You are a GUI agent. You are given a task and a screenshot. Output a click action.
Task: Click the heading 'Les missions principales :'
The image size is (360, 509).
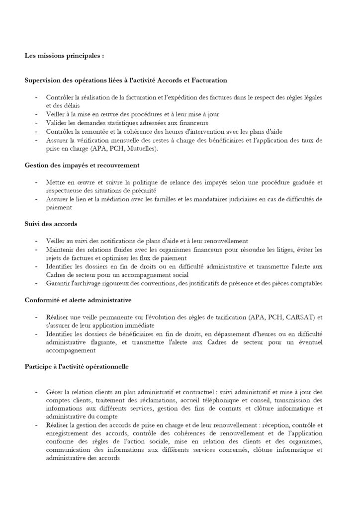tap(65, 56)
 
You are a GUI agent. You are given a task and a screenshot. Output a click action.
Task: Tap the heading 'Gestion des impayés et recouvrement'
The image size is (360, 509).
tap(82, 165)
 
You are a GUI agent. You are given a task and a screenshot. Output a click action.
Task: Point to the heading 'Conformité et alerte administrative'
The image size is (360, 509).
tap(81, 300)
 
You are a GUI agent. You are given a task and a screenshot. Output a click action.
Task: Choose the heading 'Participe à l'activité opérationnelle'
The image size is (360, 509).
tap(77, 367)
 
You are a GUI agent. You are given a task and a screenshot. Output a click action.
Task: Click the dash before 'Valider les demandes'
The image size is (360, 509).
tap(37, 122)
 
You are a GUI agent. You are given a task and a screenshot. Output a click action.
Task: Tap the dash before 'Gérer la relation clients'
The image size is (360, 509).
tap(37, 392)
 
